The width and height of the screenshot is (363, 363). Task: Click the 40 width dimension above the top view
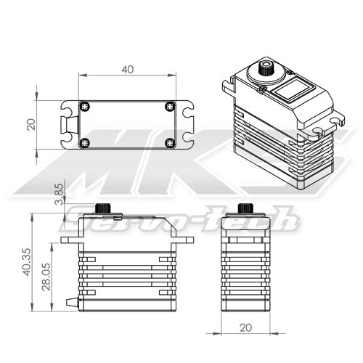128,69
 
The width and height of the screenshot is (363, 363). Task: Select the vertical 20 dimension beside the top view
31,124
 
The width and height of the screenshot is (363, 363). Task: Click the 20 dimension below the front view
246,327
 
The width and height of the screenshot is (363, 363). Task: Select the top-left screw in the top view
85,106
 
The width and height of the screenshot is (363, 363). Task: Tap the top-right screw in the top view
170,106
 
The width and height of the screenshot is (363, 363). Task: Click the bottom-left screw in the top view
85,142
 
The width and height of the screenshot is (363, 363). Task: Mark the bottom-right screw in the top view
170,142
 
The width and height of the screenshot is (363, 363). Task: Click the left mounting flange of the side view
69,239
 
